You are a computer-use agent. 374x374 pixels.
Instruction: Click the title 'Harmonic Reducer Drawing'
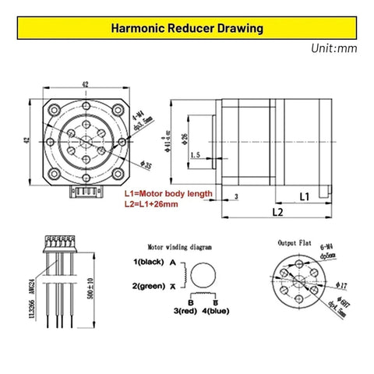[187, 30]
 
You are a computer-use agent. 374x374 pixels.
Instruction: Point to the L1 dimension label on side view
[305, 196]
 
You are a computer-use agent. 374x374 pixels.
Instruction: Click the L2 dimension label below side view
[278, 212]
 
